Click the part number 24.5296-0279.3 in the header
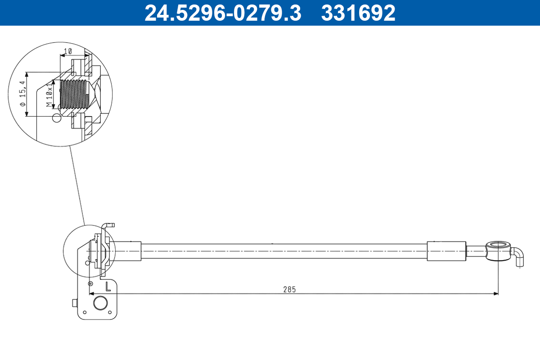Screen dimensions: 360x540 (222, 13)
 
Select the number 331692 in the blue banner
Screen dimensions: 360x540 (358, 13)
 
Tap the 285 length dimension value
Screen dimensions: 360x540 (289, 289)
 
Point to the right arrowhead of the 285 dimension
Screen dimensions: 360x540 (496, 294)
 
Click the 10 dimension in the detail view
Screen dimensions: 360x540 (68, 51)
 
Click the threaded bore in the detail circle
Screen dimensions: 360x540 (73, 94)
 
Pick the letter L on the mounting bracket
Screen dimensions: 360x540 (108, 286)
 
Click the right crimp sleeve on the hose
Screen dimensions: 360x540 (446, 251)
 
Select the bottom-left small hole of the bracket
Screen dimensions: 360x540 (85, 312)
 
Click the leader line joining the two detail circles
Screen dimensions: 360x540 (77, 184)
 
